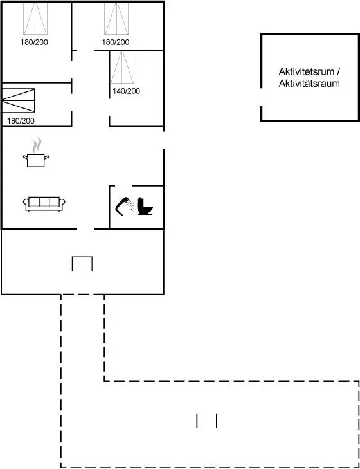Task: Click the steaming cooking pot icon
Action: coord(36,152)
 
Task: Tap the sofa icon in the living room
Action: coord(44,204)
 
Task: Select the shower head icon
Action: coord(125,206)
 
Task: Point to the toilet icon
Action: coord(145,206)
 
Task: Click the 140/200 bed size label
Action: coord(126,91)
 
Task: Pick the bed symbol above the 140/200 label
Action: coord(122,67)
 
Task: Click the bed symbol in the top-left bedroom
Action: coord(35,18)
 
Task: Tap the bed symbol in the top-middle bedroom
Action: coord(116,18)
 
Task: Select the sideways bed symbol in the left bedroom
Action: coord(18,100)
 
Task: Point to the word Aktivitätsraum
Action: coord(309,84)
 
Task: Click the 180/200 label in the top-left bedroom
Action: coord(34,42)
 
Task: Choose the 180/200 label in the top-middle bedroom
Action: coord(116,42)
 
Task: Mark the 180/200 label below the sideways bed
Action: coord(21,121)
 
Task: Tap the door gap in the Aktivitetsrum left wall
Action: coord(262,97)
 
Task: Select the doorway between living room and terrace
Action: coord(85,230)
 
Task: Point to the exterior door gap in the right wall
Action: coord(163,140)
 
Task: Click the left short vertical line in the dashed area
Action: coord(197,421)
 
